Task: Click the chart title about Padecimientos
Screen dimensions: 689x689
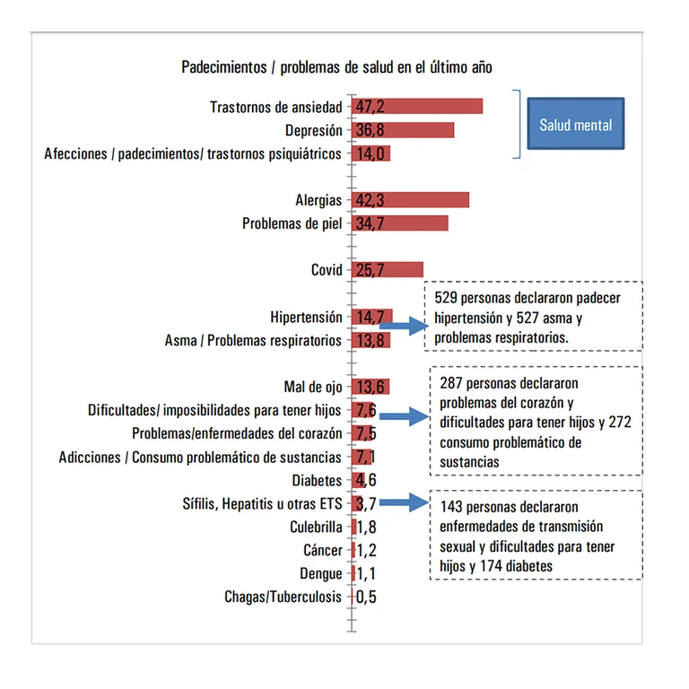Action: coord(336,67)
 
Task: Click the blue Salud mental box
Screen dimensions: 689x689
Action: coord(575,124)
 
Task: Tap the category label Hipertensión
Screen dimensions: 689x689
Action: coord(306,318)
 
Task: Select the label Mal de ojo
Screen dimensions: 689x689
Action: coord(312,388)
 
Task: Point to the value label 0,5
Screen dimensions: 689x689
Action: coord(366,597)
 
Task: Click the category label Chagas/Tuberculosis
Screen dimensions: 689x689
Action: coord(283,597)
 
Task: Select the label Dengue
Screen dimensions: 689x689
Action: coord(321,574)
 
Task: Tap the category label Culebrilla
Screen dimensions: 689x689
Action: coord(316,528)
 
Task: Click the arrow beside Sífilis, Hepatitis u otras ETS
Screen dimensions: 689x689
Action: coord(402,503)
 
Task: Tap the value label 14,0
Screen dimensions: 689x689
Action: coord(370,153)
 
